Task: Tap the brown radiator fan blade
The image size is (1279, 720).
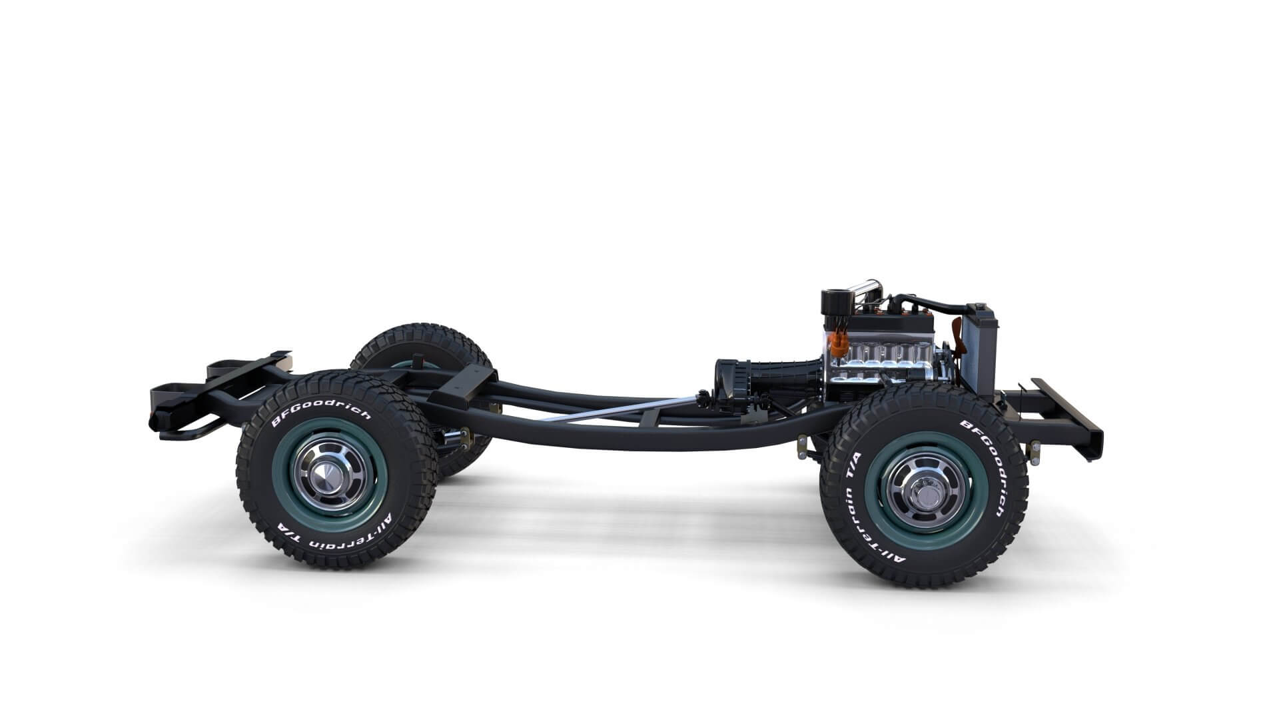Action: click(958, 337)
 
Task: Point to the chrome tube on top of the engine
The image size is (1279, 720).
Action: click(865, 288)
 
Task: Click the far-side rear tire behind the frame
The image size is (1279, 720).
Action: click(426, 347)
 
